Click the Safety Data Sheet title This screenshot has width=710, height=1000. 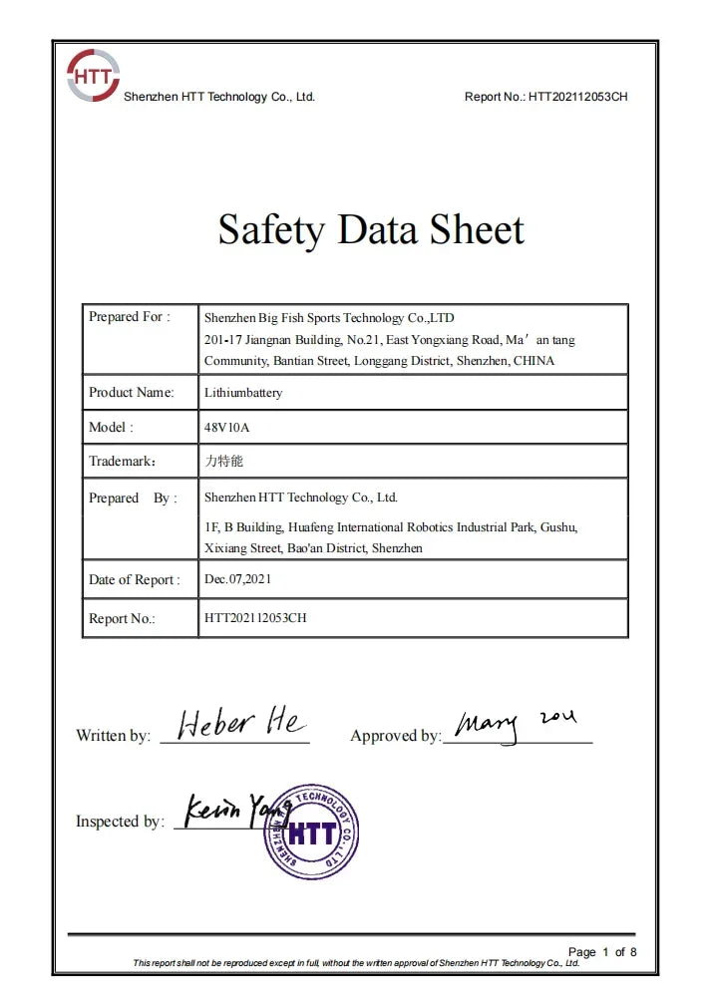point(371,230)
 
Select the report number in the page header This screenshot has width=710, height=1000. point(577,97)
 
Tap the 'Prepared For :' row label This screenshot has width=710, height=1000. point(130,317)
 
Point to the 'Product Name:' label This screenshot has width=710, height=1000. point(132,392)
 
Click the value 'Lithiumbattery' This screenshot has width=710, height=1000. point(243,393)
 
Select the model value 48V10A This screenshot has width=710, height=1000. point(226,427)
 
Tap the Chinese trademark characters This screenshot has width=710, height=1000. point(223,462)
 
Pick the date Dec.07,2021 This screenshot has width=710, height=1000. point(237,578)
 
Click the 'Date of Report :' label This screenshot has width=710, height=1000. point(135,579)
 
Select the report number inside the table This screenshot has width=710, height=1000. point(255,618)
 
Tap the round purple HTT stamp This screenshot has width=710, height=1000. point(310,832)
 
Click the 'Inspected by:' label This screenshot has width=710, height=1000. point(120,822)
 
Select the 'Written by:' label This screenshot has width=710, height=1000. point(114,736)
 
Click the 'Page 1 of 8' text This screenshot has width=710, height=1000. point(601,952)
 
